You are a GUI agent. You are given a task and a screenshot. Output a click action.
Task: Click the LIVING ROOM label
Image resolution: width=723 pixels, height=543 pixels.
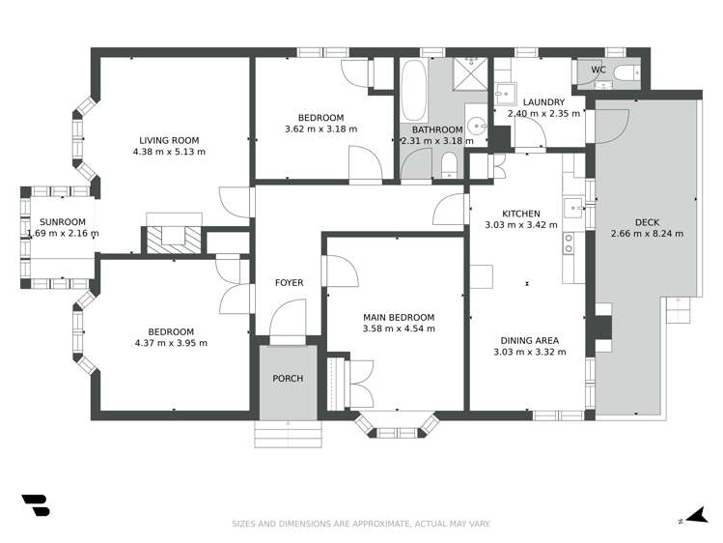pyautogui.click(x=169, y=139)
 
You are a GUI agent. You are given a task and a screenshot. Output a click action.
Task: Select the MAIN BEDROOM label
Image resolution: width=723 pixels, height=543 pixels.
pyautogui.click(x=398, y=317)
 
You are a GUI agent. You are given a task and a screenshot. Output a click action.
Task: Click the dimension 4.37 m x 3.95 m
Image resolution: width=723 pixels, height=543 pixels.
pyautogui.click(x=171, y=343)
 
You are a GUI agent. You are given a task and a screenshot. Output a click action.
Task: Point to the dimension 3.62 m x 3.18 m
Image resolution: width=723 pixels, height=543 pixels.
pyautogui.click(x=320, y=129)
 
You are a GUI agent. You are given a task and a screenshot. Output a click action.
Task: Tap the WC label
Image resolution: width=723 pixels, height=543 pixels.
pyautogui.click(x=598, y=71)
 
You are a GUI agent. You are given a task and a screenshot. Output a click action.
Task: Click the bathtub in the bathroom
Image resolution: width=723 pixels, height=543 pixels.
pyautogui.click(x=413, y=89)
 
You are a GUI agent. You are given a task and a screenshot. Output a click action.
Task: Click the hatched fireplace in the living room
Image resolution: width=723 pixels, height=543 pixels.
pyautogui.click(x=174, y=237)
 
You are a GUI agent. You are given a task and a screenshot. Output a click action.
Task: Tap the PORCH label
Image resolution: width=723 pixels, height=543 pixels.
pyautogui.click(x=288, y=378)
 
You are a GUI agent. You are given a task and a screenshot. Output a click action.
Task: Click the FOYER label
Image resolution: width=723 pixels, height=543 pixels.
pyautogui.click(x=289, y=283)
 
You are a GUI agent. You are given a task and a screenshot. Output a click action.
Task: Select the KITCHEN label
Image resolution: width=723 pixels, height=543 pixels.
pyautogui.click(x=520, y=214)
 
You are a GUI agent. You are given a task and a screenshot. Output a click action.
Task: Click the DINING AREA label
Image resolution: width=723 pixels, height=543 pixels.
pyautogui.click(x=527, y=340)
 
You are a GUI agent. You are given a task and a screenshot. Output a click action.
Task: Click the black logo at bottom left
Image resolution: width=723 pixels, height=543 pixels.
pyautogui.click(x=36, y=506)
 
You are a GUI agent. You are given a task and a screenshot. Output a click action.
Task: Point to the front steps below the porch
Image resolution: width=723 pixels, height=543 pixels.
pyautogui.click(x=287, y=434)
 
